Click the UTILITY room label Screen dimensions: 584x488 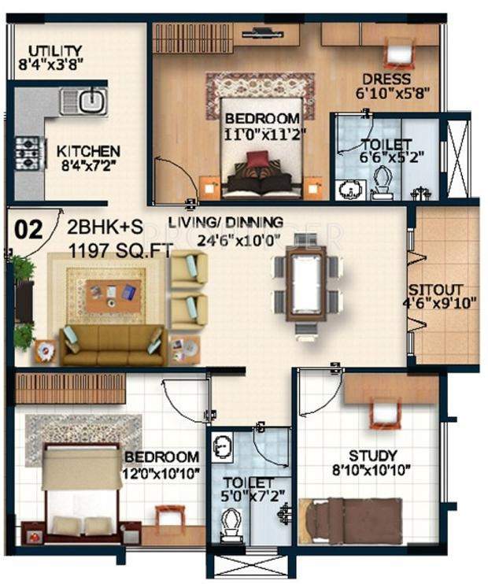click(x=49, y=49)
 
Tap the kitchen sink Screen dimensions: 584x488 click(x=87, y=101)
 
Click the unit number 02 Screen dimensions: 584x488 click(x=28, y=230)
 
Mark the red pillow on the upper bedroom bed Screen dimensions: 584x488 click(x=257, y=160)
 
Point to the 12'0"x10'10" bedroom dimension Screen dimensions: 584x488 click(x=161, y=472)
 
